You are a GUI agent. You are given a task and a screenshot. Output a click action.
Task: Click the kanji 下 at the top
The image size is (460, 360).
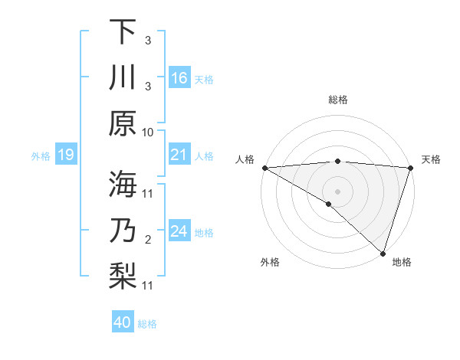tap(123, 31)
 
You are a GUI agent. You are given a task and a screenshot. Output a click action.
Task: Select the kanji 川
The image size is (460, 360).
tap(123, 78)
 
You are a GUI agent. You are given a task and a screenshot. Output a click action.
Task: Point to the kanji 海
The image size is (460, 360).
tap(123, 183)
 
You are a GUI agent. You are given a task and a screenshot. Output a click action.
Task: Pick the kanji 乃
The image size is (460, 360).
tap(123, 230)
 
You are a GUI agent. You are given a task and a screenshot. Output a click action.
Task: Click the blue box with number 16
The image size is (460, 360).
tap(179, 78)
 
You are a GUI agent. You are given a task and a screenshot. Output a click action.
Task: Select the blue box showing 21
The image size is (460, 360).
tap(179, 155)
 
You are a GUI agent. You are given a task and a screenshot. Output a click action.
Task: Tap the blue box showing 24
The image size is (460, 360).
tap(179, 231)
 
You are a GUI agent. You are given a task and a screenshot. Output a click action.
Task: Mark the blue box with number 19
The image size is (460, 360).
tap(65, 155)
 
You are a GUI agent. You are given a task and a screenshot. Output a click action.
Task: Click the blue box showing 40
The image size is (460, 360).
tap(123, 322)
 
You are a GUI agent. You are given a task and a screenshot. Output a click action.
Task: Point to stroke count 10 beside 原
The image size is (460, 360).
tap(148, 133)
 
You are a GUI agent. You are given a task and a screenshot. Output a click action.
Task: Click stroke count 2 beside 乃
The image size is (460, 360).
tap(148, 241)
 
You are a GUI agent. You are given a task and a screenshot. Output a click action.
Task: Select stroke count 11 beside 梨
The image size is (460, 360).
tap(148, 286)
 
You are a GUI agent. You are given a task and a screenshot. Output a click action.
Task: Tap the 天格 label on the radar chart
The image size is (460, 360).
tap(431, 159)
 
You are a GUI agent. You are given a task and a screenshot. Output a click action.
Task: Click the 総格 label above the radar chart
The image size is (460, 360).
tap(337, 100)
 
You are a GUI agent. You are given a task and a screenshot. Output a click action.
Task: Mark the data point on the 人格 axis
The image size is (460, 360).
tap(264, 168)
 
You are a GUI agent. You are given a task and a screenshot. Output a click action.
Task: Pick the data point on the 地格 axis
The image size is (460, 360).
tap(383, 252)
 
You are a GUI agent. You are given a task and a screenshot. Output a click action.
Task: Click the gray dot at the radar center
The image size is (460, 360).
tap(337, 191)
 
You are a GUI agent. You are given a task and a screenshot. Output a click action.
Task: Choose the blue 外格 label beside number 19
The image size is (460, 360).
tap(41, 156)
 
